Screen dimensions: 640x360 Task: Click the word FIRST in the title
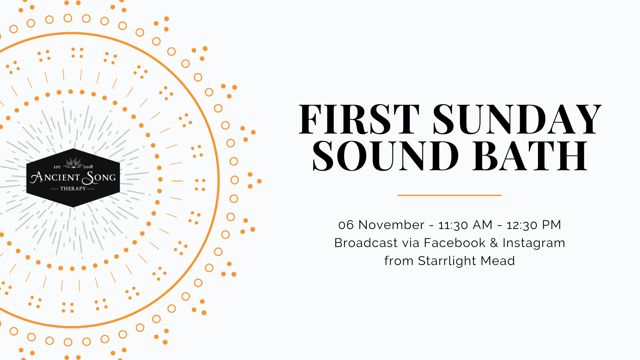(359, 119)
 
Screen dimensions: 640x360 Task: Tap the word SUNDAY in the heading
(517, 119)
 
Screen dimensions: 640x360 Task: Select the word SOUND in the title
(385, 156)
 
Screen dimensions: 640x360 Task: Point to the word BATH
(530, 156)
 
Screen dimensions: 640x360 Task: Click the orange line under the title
(449, 195)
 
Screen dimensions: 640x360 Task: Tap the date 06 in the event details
(346, 225)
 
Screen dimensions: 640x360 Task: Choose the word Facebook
(455, 243)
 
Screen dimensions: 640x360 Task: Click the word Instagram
(534, 243)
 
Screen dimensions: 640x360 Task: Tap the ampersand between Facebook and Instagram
(494, 243)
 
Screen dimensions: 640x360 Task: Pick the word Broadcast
(366, 243)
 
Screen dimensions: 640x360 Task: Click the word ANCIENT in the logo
(55, 177)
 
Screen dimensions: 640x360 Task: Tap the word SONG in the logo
(99, 178)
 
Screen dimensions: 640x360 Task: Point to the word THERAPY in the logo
(73, 189)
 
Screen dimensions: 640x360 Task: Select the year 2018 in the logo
(88, 167)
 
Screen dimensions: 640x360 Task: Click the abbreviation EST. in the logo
(57, 167)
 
